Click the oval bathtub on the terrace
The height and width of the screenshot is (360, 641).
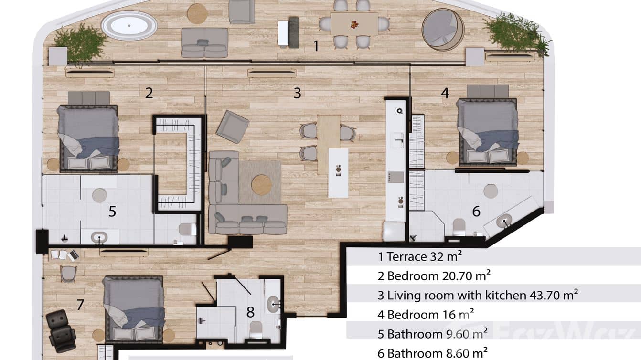(129, 25)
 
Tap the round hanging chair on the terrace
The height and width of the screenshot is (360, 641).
(443, 29)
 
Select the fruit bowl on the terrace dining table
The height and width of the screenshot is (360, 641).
(354, 24)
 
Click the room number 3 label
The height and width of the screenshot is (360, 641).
(297, 93)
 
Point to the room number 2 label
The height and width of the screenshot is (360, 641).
(149, 93)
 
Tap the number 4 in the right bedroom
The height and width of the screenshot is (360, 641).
(445, 93)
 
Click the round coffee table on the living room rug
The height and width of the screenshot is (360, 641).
(262, 185)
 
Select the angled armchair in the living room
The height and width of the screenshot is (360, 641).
(232, 126)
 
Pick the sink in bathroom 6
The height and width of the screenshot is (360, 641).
(503, 221)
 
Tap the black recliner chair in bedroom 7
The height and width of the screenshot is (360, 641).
(61, 330)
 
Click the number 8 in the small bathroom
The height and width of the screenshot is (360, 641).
(250, 312)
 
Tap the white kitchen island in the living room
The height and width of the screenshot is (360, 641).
(338, 173)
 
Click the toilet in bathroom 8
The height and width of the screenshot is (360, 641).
(256, 328)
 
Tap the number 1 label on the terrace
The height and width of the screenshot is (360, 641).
(316, 46)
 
